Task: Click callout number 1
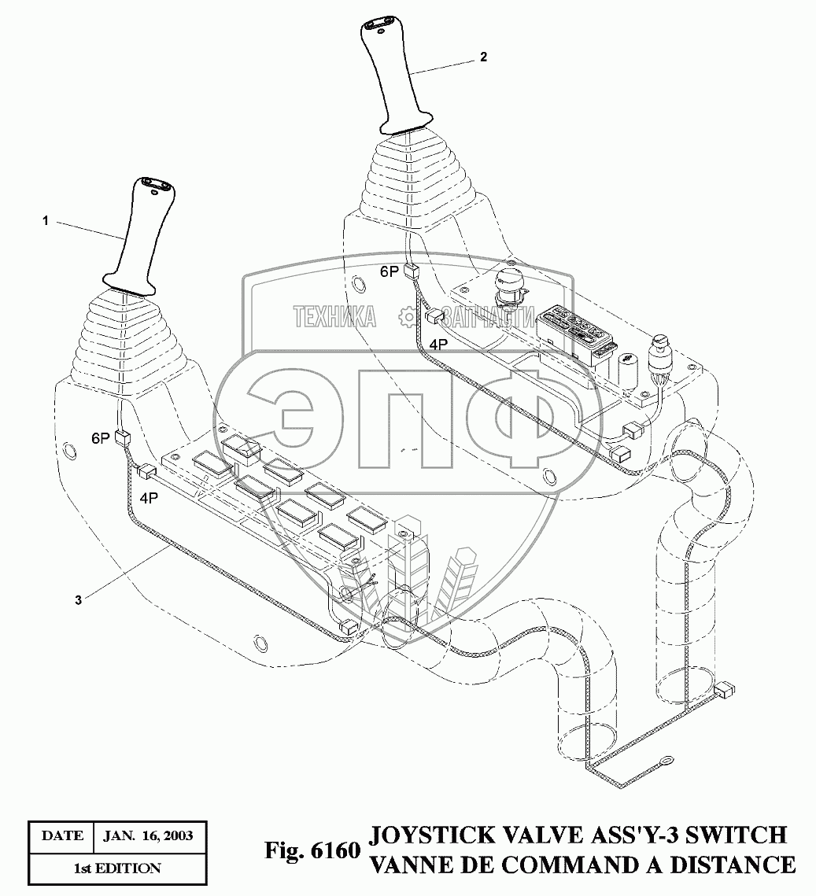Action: coord(46,222)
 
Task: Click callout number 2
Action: coord(483,57)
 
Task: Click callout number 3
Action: coord(78,599)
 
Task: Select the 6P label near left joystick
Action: coord(100,439)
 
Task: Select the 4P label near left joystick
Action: coord(150,497)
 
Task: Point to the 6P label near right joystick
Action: coord(390,272)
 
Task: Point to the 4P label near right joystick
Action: coord(438,343)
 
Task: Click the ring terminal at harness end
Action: coord(665,761)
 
